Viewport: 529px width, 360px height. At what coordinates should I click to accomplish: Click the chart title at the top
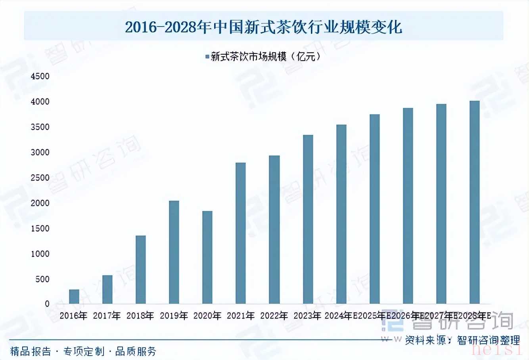(264, 27)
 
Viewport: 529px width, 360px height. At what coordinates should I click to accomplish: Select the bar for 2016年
(74, 297)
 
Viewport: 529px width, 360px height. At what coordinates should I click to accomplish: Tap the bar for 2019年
(174, 252)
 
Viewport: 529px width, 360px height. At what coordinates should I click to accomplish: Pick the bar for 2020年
(207, 257)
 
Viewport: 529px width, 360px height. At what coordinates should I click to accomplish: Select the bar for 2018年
(141, 270)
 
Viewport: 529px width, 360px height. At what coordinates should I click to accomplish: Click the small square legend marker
(207, 57)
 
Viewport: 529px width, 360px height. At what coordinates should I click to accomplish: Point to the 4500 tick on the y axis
(40, 76)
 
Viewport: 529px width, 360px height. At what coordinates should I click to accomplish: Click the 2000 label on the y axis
(40, 203)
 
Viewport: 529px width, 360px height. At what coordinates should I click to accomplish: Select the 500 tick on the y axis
(42, 279)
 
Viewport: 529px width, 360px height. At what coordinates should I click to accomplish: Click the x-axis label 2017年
(107, 316)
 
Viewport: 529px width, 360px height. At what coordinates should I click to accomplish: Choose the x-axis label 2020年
(207, 316)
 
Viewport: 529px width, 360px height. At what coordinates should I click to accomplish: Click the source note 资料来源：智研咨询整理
(462, 340)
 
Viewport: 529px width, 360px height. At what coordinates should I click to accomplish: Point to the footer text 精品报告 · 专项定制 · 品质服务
(83, 351)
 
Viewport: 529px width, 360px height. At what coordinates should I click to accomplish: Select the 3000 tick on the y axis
(40, 152)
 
